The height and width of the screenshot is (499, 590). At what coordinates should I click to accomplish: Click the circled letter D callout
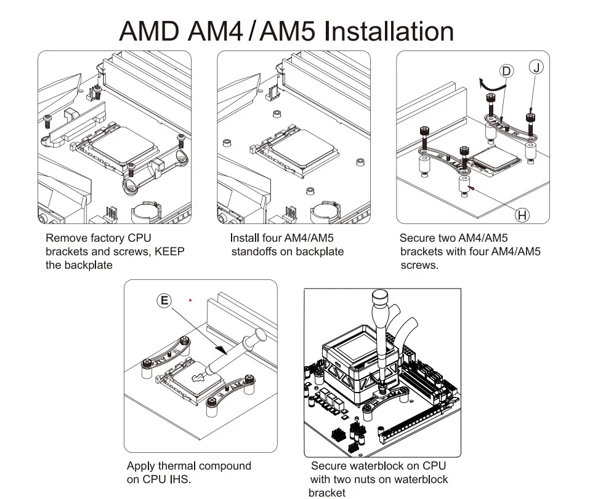click(x=506, y=71)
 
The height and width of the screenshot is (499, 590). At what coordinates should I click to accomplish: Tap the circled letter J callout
click(x=537, y=67)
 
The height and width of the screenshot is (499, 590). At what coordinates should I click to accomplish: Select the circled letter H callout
click(x=522, y=215)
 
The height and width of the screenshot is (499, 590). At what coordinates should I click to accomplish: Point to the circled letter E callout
click(x=164, y=300)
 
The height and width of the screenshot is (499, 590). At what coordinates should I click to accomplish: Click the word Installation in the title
click(x=389, y=31)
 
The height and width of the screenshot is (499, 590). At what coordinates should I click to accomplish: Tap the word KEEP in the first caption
click(x=169, y=251)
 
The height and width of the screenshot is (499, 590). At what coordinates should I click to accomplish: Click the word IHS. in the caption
click(x=179, y=479)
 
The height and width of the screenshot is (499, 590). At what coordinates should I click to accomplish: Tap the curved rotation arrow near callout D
click(x=490, y=84)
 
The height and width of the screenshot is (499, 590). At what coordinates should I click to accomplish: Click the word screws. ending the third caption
click(x=419, y=265)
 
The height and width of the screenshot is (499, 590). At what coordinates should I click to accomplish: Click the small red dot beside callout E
click(x=191, y=301)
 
